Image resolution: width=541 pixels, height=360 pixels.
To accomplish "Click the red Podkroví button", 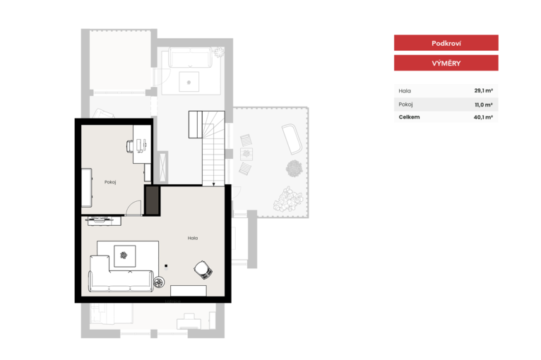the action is click(446, 43).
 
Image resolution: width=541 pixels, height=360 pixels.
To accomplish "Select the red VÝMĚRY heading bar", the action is click(446, 63).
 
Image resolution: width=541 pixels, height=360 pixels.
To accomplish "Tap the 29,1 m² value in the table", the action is click(483, 90).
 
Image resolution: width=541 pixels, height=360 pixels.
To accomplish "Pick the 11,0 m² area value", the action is click(483, 104).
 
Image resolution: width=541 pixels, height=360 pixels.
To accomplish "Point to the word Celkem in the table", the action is click(409, 117).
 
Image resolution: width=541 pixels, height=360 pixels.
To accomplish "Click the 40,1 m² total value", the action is click(483, 117).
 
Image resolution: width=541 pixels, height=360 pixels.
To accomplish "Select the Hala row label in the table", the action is click(405, 91).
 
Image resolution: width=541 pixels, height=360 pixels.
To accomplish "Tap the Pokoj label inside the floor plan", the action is click(110, 182).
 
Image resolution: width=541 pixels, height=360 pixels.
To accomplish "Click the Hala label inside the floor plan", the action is click(193, 238).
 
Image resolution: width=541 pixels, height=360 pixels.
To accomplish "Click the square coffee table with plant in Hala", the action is click(124, 256).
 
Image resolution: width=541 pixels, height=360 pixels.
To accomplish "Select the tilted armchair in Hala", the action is click(203, 270).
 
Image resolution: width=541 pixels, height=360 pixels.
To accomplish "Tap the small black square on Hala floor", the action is click(166, 266).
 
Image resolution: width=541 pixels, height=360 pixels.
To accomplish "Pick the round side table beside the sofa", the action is click(159, 282).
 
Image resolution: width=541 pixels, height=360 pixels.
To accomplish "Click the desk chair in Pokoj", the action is click(130, 146).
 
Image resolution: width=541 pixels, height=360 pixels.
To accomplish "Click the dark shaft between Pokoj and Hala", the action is click(152, 200).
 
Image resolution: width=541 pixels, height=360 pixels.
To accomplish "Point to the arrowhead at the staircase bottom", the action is click(213, 184).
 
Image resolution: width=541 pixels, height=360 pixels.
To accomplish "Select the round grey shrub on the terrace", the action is click(295, 169).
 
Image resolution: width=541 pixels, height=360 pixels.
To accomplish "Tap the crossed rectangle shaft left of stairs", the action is click(162, 167).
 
